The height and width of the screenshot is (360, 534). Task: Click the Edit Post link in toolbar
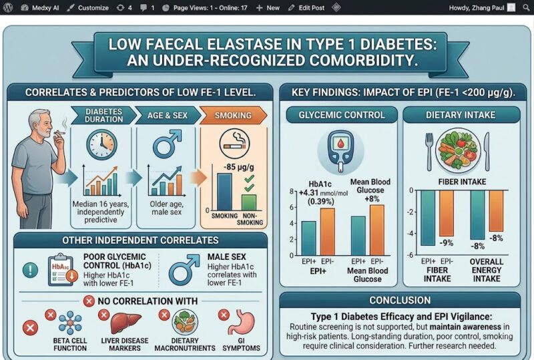pos(306,7)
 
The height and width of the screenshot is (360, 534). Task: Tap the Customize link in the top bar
pos(88,7)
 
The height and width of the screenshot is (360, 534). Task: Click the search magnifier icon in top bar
pos(526,7)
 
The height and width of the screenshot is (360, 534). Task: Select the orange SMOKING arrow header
pos(233,116)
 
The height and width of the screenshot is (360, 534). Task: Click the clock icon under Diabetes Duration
pos(101,144)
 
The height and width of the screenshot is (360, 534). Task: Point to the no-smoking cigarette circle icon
pos(234,144)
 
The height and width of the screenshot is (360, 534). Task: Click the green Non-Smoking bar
pos(248,202)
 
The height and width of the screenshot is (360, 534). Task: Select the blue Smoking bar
pos(224,192)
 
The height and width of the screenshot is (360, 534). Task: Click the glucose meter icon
pos(340,151)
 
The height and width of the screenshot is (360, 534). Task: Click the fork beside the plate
pos(429,152)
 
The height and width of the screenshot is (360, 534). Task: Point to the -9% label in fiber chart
pos(446,242)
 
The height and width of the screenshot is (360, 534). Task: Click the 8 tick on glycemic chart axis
pos(292,192)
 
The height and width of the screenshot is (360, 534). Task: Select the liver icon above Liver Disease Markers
pos(125,323)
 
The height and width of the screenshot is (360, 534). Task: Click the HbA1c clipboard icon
pos(61,270)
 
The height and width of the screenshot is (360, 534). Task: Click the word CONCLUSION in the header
pos(400,300)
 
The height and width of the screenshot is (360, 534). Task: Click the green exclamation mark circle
pos(30,271)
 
